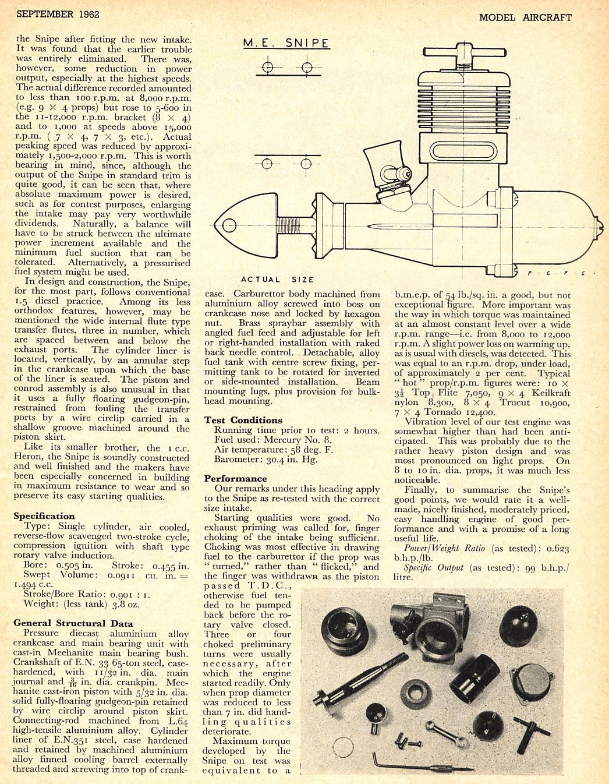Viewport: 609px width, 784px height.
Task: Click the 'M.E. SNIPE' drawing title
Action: pyautogui.click(x=286, y=43)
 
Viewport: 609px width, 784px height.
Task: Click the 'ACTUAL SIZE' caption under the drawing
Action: pyautogui.click(x=278, y=280)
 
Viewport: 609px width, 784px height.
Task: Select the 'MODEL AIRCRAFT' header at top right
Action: pyautogui.click(x=525, y=17)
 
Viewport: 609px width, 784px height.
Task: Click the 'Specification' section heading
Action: pyautogui.click(x=44, y=516)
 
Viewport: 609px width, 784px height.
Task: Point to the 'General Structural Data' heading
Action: pyautogui.click(x=73, y=623)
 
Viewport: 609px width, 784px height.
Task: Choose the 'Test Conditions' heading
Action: pyautogui.click(x=243, y=420)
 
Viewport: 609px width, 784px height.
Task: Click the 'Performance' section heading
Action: pyautogui.click(x=235, y=478)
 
